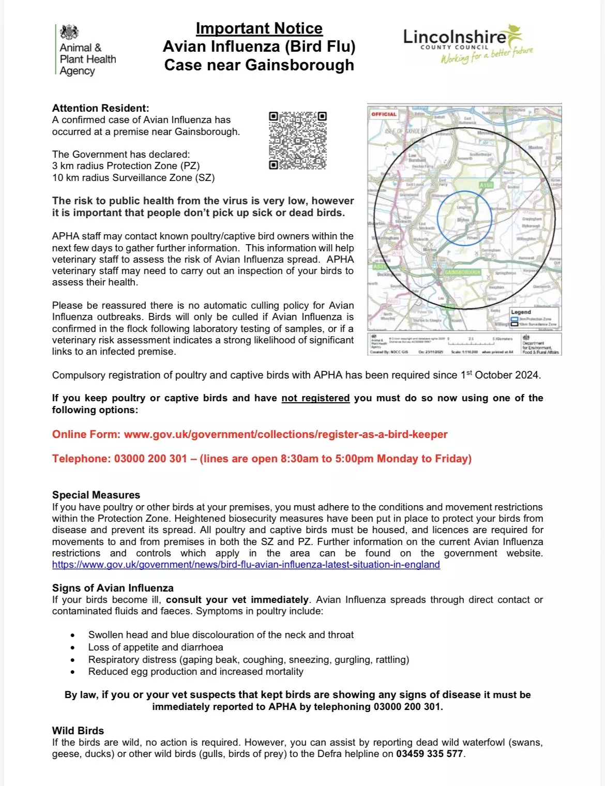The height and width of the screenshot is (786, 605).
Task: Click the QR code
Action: pos(298,141)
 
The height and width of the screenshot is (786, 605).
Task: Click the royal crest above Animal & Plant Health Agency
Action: pos(69,33)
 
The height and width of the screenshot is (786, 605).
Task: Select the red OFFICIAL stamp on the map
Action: pos(384,114)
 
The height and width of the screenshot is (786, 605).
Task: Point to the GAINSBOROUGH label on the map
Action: pos(462,272)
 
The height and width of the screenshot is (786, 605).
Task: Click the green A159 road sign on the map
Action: pos(486,185)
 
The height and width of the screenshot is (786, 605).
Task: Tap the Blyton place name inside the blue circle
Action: pos(463,220)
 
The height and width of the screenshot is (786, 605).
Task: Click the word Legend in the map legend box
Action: pos(521,312)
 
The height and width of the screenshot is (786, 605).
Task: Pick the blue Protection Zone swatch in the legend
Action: pos(515,319)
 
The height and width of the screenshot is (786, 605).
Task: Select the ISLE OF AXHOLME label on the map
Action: pos(406,131)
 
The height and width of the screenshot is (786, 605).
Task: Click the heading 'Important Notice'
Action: pos(259,28)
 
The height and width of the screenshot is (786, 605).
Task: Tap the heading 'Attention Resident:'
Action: pos(100,108)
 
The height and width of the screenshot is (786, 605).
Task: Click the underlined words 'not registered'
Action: pos(315,398)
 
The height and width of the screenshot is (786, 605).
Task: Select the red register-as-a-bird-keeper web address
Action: pos(285,434)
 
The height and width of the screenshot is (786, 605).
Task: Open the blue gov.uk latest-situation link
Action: pos(246,565)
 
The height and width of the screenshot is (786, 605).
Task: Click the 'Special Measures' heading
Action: pos(96,495)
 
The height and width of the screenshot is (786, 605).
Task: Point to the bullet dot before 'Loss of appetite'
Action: pos(73,647)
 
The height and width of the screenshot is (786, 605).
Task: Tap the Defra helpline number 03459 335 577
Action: pos(429,754)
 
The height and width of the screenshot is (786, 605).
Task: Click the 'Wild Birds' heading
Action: pos(78,731)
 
